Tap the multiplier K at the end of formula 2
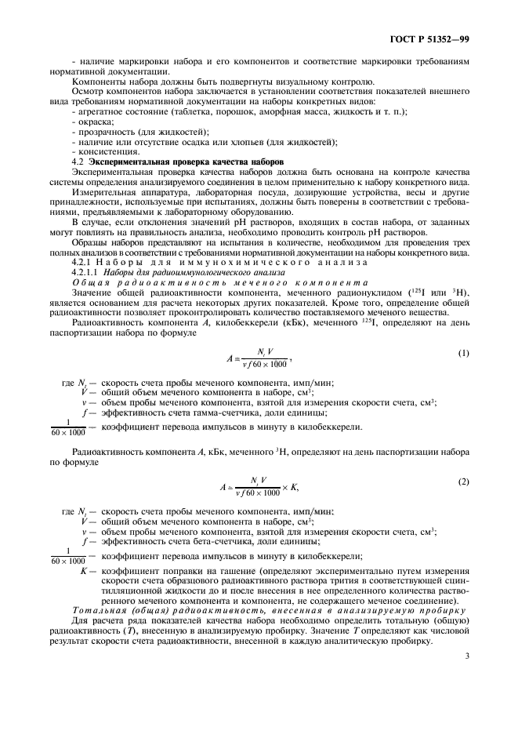[x=294, y=487]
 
